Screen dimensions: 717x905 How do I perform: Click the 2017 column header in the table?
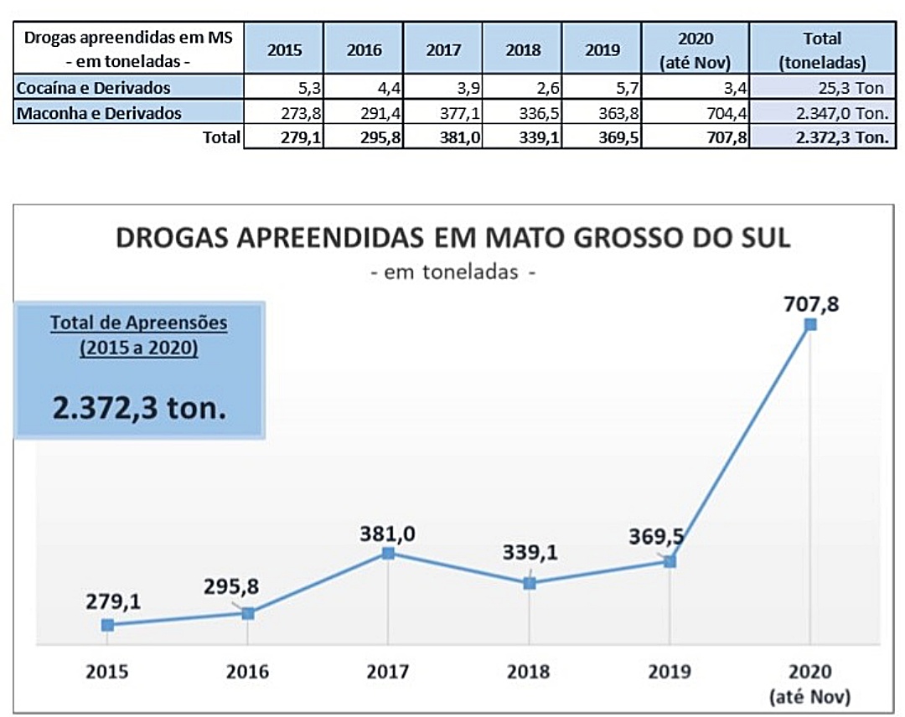click(x=442, y=49)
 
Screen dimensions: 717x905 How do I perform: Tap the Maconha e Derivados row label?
click(x=98, y=112)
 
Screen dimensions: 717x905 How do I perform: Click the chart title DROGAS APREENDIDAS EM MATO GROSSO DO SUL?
click(x=452, y=237)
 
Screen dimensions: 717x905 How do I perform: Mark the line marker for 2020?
click(x=809, y=324)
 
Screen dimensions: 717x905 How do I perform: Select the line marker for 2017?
click(x=388, y=553)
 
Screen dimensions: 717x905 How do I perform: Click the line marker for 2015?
click(x=107, y=625)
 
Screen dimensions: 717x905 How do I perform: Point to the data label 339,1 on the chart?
click(x=530, y=554)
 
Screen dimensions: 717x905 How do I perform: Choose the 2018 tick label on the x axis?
click(x=529, y=672)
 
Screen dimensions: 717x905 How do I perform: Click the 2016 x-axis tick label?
click(x=248, y=672)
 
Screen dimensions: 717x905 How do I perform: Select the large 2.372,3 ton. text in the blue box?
click(x=140, y=408)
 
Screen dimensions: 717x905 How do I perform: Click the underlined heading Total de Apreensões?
click(x=139, y=322)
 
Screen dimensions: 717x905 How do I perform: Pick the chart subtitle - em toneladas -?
click(x=452, y=272)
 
